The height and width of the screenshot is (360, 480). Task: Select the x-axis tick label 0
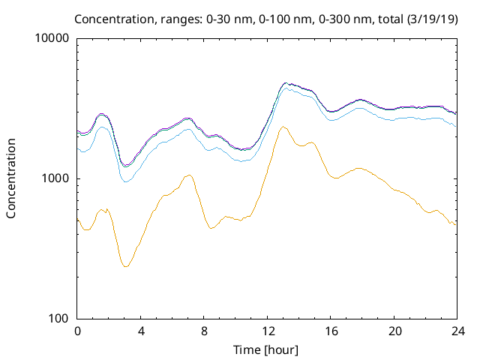click(77, 331)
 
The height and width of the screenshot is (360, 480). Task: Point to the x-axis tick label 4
click(141, 331)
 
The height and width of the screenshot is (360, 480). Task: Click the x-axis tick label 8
click(204, 331)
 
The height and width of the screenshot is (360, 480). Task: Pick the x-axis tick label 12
click(268, 331)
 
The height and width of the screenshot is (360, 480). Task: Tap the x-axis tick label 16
click(331, 331)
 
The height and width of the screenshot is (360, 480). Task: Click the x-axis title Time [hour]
click(267, 349)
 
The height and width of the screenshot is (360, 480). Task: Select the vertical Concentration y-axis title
click(11, 178)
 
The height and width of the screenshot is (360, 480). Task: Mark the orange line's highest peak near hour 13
click(282, 127)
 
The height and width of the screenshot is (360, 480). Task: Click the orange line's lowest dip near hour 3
click(126, 266)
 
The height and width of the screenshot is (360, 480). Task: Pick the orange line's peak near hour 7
click(189, 175)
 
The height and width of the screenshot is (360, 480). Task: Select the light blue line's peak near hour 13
click(285, 88)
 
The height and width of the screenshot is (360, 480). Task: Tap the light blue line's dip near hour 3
click(126, 181)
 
